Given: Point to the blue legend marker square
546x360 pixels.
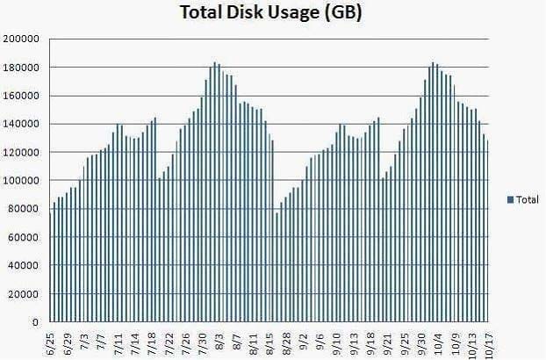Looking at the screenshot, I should tap(511, 200).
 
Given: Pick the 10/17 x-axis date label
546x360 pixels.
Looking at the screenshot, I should tap(485, 342).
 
